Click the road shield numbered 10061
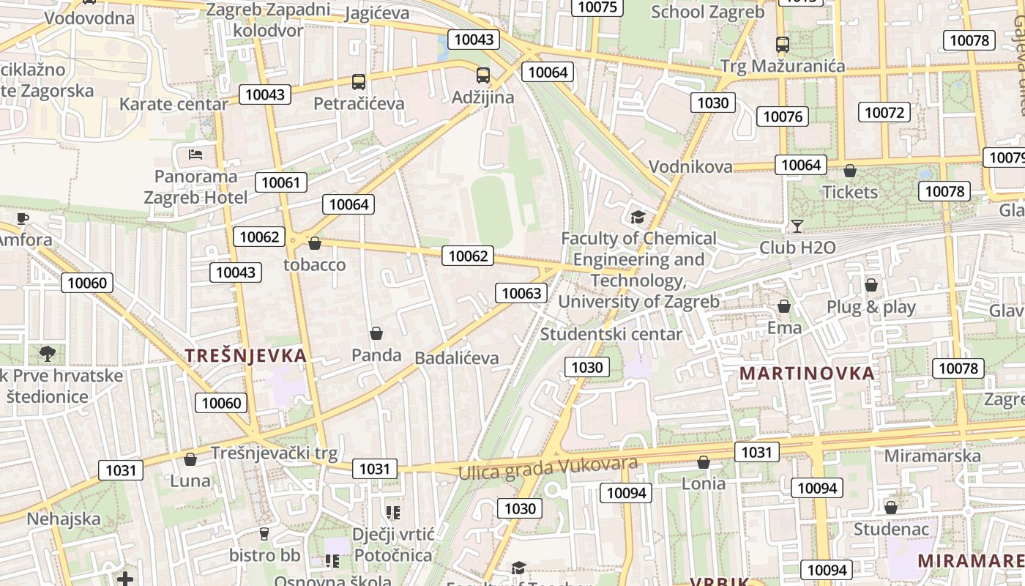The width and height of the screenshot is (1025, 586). [x=280, y=182]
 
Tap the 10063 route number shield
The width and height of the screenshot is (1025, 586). [x=521, y=293]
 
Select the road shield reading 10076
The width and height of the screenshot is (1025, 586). [x=783, y=116]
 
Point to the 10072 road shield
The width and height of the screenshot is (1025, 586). [x=884, y=112]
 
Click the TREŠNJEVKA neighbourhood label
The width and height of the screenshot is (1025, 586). [x=245, y=356]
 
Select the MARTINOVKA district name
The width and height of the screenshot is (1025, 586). [x=807, y=373]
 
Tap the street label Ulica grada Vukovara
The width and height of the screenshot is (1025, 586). [x=548, y=467]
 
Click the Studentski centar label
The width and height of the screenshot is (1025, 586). [x=611, y=334]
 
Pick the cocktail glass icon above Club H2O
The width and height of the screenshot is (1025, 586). [x=797, y=226]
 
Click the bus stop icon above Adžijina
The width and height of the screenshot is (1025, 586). [x=482, y=75]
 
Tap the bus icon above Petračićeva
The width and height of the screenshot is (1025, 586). [x=358, y=81]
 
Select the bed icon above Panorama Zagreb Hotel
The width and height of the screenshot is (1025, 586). [x=195, y=154]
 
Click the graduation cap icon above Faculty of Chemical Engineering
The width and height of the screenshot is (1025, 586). [x=638, y=217]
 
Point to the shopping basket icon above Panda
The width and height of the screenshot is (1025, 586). [x=376, y=333]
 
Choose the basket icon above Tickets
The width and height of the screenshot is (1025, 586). [x=849, y=171]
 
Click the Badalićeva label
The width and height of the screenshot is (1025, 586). [x=456, y=358]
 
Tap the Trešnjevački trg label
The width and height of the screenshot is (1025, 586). [x=274, y=453]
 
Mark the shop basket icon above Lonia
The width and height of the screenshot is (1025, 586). [x=703, y=462]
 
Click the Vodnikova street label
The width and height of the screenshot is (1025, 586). [x=690, y=166]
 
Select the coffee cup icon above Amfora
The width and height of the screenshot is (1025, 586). [x=23, y=218]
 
